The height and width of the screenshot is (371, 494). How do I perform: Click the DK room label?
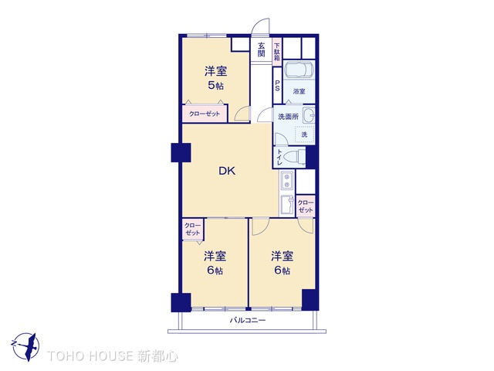coord(225,172)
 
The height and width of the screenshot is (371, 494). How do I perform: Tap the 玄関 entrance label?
coord(262,50)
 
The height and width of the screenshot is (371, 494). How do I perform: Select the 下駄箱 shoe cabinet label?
coord(276,50)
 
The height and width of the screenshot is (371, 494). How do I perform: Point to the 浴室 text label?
coord(299,92)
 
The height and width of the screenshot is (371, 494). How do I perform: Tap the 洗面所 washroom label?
coord(288,117)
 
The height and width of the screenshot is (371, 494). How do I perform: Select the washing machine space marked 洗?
coord(304,134)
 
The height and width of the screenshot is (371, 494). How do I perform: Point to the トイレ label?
coord(279,157)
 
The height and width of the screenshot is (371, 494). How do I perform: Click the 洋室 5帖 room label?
coord(215,78)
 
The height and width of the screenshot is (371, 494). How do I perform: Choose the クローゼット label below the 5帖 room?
coord(205,114)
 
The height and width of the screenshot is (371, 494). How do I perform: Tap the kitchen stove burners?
coord(286,182)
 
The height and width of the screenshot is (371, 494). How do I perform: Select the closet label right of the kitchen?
coord(306,206)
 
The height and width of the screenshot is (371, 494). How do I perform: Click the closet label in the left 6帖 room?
coord(192,229)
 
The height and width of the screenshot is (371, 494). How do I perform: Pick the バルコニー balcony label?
coord(247,320)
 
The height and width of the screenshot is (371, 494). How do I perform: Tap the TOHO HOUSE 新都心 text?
coord(113,356)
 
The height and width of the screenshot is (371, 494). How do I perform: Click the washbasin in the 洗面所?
coord(308,117)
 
